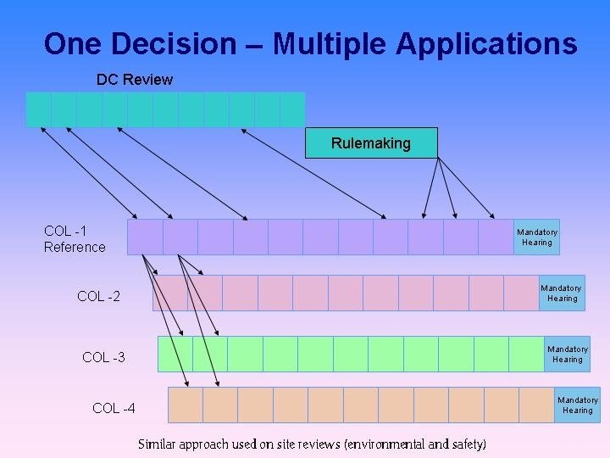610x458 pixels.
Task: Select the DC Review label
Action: pos(134,80)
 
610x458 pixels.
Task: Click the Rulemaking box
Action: pos(371,143)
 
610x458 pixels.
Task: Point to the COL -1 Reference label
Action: pos(75,239)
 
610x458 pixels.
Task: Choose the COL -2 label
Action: pos(98,296)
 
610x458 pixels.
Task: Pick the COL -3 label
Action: pos(103,357)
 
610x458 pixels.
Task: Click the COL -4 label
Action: pos(114,408)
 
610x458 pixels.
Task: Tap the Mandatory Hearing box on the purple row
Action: pos(537,237)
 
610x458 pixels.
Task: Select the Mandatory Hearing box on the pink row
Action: pos(562,293)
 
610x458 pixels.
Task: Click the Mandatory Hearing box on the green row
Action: pos(567,355)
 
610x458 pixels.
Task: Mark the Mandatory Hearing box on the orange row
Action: pos(577,405)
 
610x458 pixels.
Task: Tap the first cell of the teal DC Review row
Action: pos(39,109)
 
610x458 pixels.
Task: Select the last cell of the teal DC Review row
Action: pos(292,109)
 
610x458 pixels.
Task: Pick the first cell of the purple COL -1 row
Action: pos(145,237)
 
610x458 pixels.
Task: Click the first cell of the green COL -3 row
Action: pos(175,354)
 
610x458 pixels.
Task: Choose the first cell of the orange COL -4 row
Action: pos(186,405)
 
